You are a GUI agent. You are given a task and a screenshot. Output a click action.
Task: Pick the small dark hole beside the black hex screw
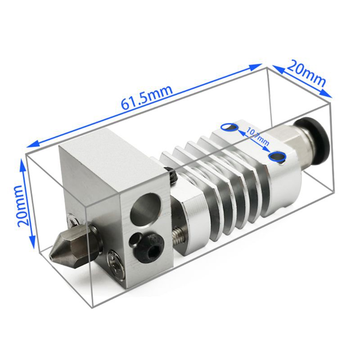(x=134, y=238)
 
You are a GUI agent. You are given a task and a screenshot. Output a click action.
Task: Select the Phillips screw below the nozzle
(x=116, y=268)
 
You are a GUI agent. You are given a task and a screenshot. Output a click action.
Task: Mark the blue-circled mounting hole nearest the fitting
(x=277, y=157)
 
